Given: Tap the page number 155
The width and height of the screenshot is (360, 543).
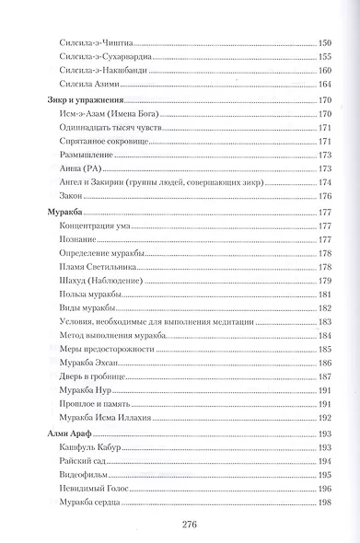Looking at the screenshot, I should coord(323,57).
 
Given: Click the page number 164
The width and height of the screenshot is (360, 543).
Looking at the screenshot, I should coord(323,85).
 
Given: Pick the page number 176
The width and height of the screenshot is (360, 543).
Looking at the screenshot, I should coord(323,195).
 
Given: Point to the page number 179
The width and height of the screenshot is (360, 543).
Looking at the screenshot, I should coord(323,279).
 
